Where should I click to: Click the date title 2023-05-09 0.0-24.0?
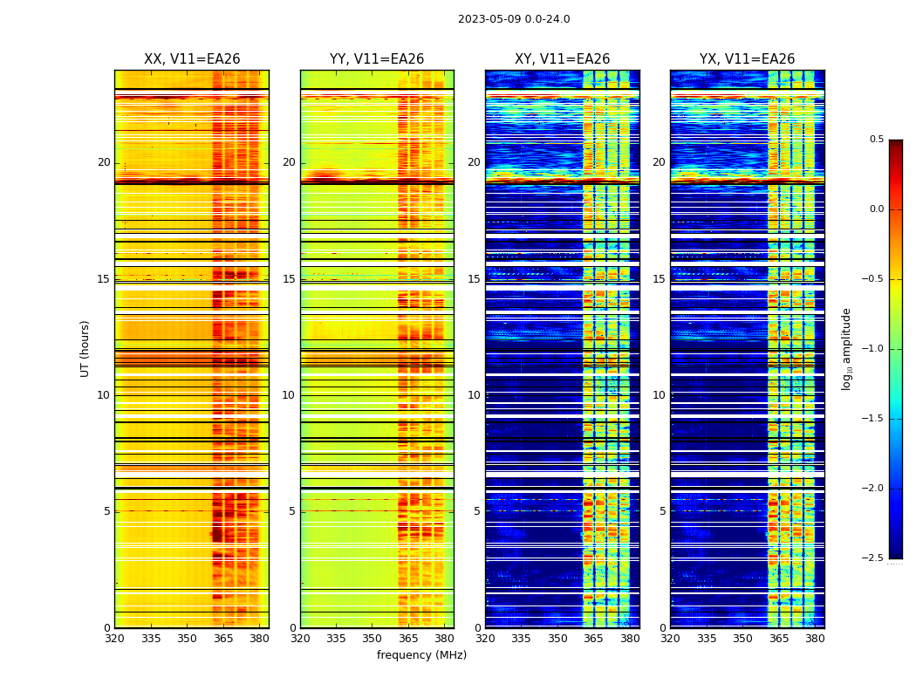(514, 19)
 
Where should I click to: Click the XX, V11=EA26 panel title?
(192, 59)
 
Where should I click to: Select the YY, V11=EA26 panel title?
(377, 59)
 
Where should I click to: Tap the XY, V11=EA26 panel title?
(562, 59)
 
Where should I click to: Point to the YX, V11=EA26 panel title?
(747, 59)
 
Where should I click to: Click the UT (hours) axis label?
(85, 348)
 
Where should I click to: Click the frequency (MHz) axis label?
(421, 655)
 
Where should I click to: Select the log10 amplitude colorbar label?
(846, 348)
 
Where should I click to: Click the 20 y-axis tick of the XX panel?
(104, 162)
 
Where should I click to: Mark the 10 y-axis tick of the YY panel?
(289, 395)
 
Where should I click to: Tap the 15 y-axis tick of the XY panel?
(474, 279)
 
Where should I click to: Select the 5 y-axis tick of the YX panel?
(662, 511)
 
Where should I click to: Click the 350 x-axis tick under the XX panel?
(187, 639)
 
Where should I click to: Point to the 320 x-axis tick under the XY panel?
(486, 639)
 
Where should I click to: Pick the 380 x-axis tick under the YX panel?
(815, 639)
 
